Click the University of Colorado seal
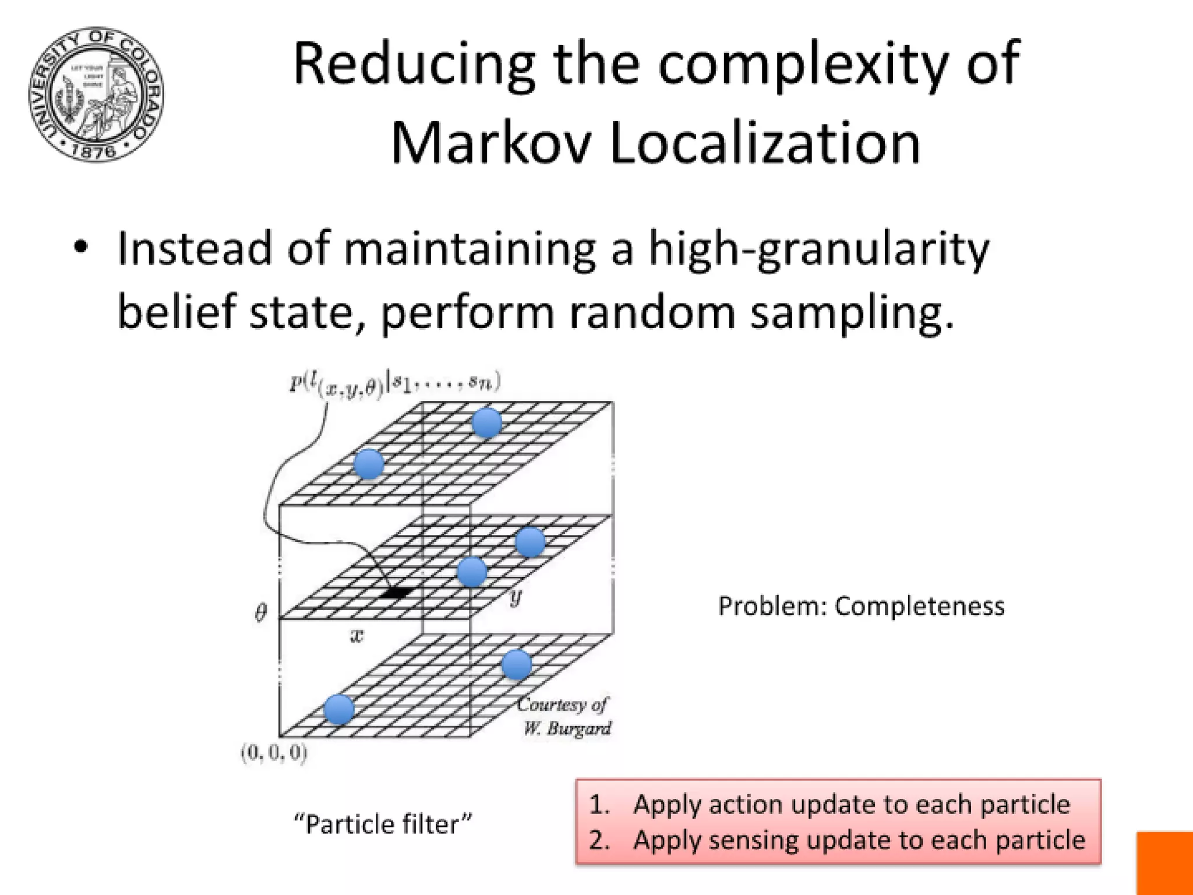pos(96,94)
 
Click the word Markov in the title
pos(490,144)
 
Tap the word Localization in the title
pos(765,144)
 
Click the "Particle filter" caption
pos(383,824)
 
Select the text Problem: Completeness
pos(861,607)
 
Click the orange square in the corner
pos(1164,863)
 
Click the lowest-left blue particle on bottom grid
pos(339,709)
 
